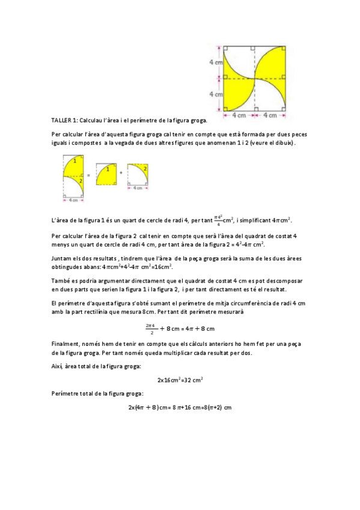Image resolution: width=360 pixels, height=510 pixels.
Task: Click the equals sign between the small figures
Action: (x=89, y=173)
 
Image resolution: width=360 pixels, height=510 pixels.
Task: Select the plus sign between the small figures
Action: (x=122, y=172)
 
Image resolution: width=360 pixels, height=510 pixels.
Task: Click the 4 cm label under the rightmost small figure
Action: (x=138, y=188)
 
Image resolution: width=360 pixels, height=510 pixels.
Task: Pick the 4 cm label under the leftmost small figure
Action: (x=73, y=200)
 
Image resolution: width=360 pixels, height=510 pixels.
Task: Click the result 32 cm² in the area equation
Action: (x=193, y=379)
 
